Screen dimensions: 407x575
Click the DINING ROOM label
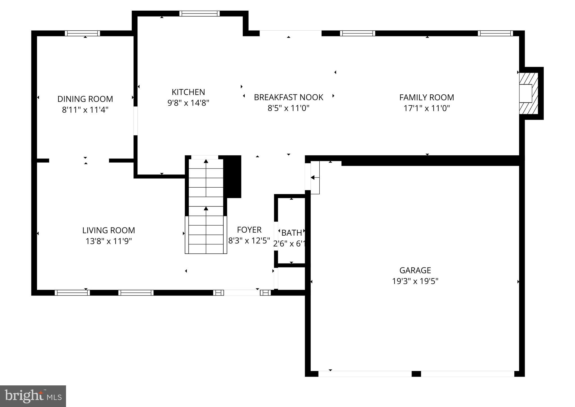85,99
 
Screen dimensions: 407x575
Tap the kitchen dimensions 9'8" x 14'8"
188,103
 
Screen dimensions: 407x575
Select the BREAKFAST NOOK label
288,97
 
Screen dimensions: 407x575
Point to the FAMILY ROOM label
426,97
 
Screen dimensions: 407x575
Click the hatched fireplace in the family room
528,93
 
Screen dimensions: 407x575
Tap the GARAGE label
415,270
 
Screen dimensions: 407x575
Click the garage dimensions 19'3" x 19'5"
415,281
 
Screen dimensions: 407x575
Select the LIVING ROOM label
108,230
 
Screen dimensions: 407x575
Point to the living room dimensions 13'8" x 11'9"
108,241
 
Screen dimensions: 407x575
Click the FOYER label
249,230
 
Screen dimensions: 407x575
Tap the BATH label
292,233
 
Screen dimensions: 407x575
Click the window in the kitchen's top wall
199,13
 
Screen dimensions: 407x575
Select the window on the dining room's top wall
82,33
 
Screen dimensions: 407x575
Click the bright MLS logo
33,396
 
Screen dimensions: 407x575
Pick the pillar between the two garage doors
416,374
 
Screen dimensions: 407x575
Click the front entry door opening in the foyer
242,293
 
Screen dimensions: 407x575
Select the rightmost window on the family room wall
495,33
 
